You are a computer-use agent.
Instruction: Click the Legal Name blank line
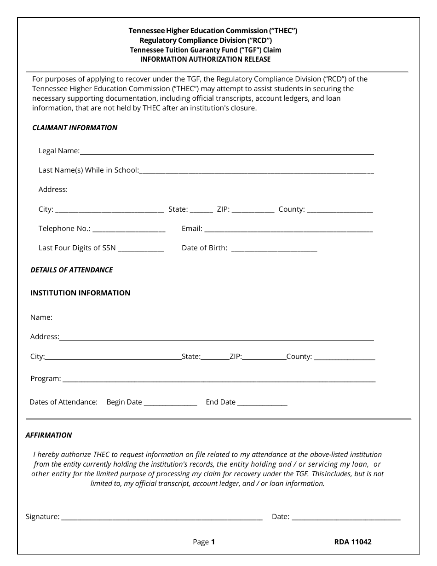click(226, 151)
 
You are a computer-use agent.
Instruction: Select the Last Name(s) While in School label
click(88, 170)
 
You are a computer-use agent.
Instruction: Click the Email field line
click(288, 229)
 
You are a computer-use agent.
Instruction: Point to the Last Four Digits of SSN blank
click(141, 248)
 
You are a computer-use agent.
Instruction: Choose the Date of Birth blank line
click(274, 248)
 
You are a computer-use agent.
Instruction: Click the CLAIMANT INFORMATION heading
click(75, 128)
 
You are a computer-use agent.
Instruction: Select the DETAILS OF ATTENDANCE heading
click(71, 270)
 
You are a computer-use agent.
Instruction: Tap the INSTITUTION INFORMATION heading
click(80, 293)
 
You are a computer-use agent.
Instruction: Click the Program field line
click(218, 380)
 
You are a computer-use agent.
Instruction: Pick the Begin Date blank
click(170, 403)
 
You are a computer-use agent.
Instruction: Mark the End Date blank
click(262, 403)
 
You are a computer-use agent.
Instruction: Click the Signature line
click(161, 517)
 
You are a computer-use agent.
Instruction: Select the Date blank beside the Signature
click(346, 517)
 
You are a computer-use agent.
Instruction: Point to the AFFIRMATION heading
click(49, 435)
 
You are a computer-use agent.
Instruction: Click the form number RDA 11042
click(353, 542)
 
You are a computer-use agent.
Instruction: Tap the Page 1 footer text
click(204, 542)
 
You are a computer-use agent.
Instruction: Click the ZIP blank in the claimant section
click(253, 210)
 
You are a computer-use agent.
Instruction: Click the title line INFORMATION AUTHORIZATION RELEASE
click(205, 59)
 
